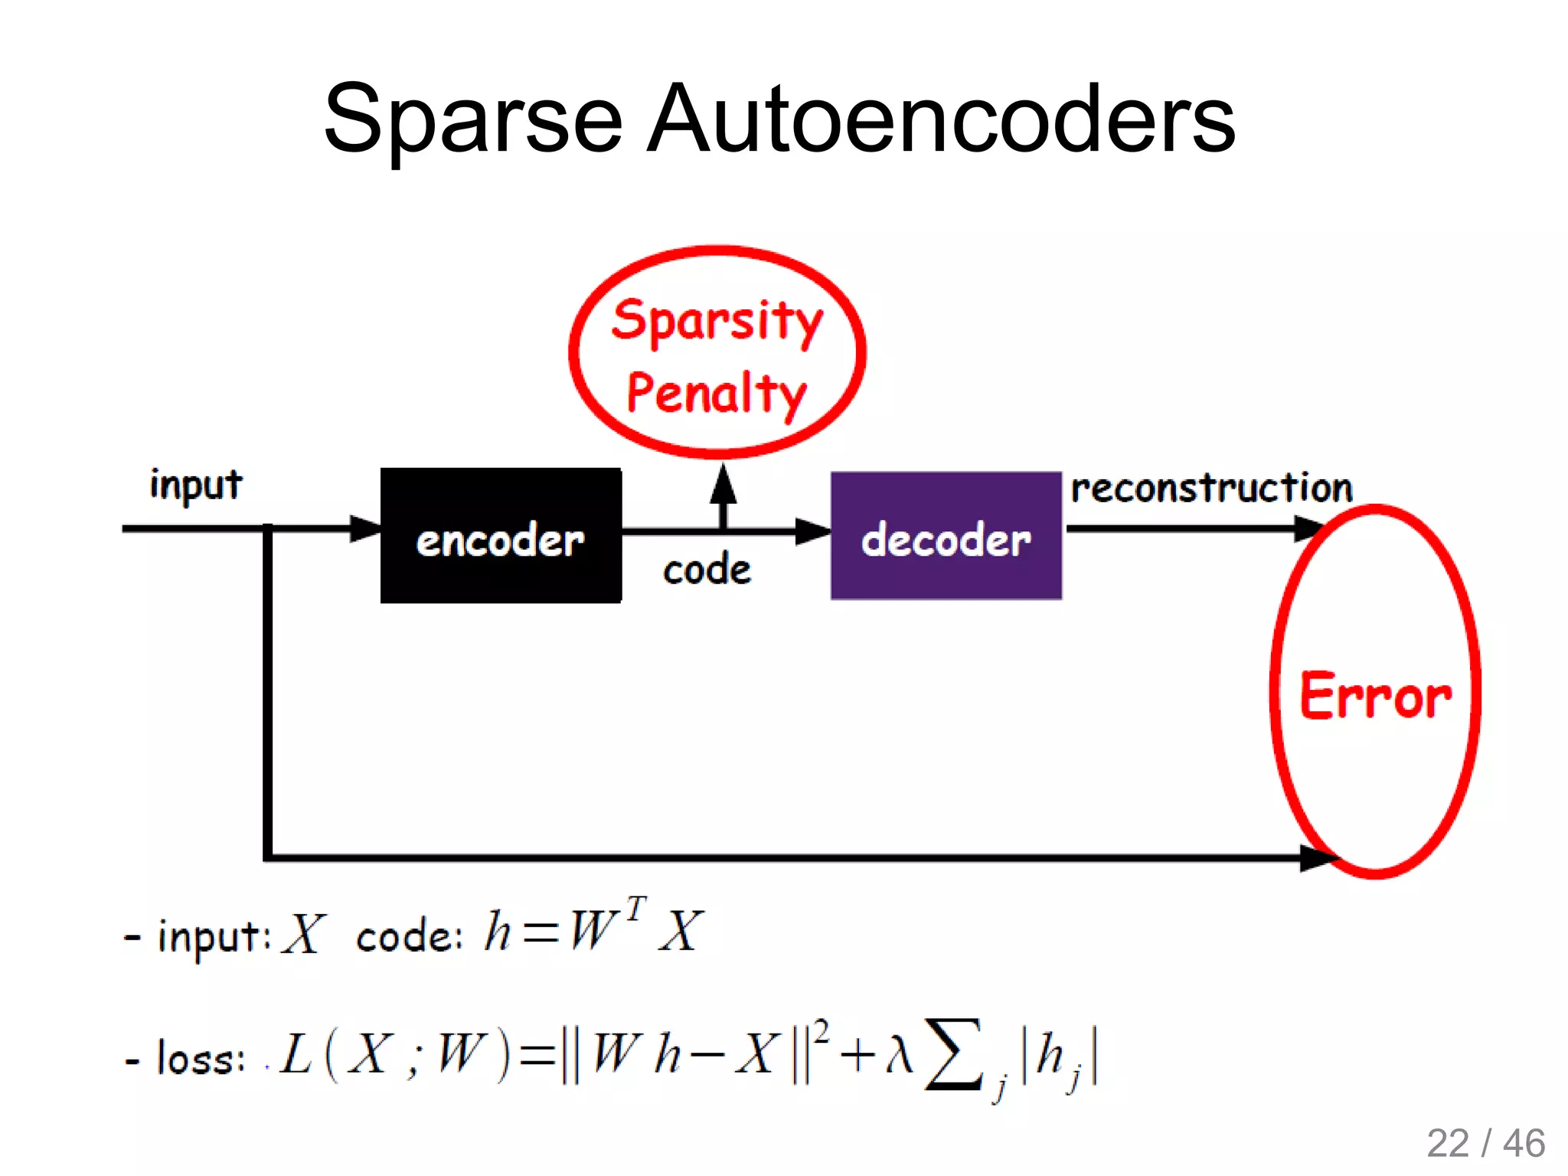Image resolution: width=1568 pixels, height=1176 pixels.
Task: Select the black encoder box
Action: click(501, 536)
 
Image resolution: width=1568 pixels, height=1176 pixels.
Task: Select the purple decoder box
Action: click(946, 536)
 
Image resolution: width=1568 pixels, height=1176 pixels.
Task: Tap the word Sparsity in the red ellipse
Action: click(717, 322)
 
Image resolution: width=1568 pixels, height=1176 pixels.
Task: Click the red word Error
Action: click(1375, 695)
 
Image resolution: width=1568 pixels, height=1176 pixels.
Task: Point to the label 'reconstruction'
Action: click(1211, 488)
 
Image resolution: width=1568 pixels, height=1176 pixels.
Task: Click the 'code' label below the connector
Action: click(707, 570)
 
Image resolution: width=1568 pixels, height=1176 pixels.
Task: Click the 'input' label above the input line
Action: click(196, 485)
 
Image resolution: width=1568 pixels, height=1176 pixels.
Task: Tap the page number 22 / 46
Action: click(1485, 1144)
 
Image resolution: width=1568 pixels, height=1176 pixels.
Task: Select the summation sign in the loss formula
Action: click(952, 1053)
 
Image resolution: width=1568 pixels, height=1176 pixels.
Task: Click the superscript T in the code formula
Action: click(635, 910)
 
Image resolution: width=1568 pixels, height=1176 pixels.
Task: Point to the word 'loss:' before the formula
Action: click(201, 1059)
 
